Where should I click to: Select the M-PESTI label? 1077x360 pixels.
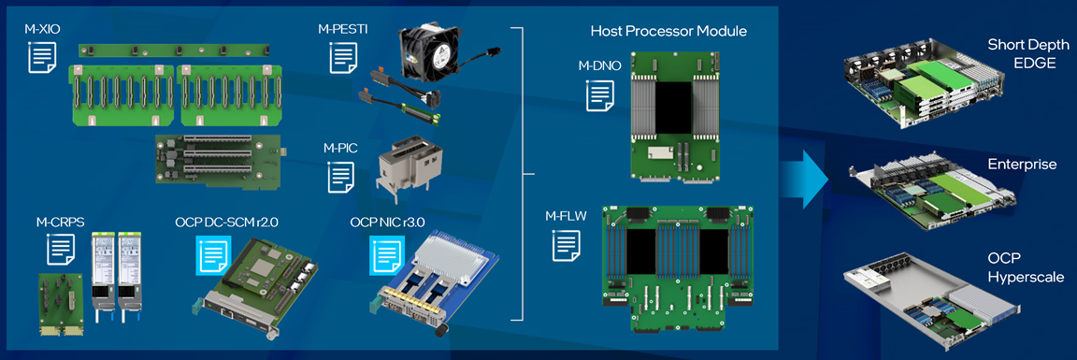pyautogui.click(x=343, y=30)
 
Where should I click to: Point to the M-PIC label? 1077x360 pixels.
pyautogui.click(x=337, y=147)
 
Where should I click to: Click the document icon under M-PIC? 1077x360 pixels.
pyautogui.click(x=342, y=177)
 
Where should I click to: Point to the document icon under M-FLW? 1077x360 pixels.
pyautogui.click(x=567, y=245)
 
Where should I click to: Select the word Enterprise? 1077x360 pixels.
pyautogui.click(x=1022, y=165)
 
